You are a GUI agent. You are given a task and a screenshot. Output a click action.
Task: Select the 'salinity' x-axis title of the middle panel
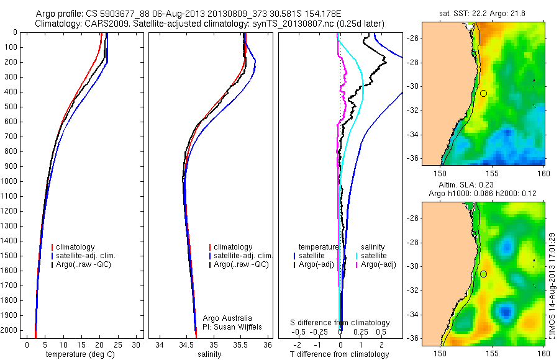tap(209, 354)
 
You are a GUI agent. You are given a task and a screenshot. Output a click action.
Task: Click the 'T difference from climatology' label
tap(339, 354)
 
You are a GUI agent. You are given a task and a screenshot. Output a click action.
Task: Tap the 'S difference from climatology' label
tap(340, 323)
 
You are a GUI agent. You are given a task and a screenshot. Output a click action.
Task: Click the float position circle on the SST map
tap(483, 93)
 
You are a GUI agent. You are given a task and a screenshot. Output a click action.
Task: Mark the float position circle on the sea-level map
tap(483, 274)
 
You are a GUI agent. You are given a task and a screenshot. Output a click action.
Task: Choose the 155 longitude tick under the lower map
tap(493, 353)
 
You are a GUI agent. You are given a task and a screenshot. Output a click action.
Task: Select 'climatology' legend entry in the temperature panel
tap(79, 247)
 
